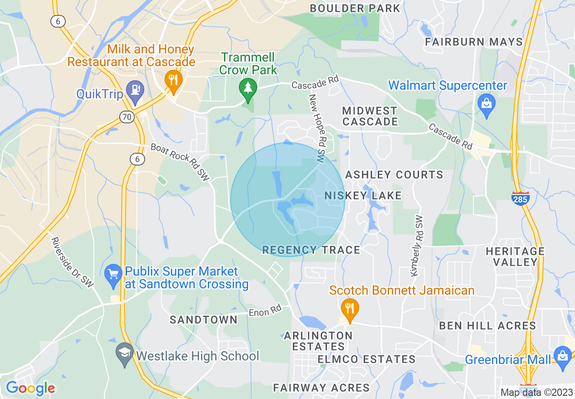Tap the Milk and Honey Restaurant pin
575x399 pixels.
173,80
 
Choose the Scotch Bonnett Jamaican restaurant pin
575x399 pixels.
349,309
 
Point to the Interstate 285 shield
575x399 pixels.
521,198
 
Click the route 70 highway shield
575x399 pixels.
127,117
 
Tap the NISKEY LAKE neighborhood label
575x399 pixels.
363,195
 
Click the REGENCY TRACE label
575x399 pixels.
311,250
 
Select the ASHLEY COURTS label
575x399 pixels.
394,175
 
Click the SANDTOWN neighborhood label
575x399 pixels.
204,320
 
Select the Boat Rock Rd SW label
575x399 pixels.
180,162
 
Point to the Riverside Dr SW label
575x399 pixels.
72,263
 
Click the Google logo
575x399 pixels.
30,388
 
